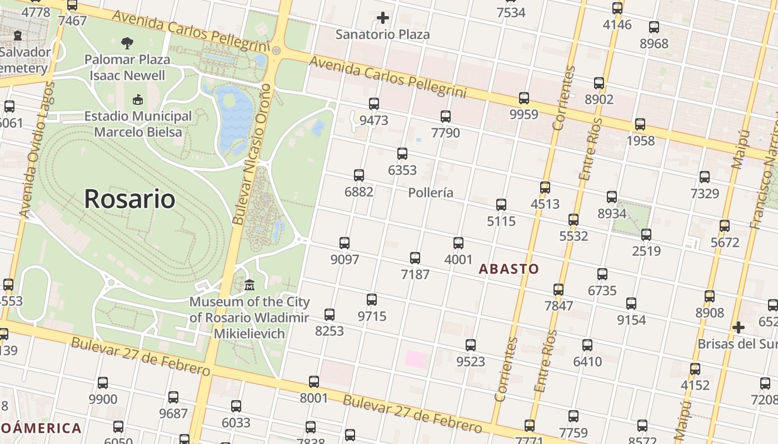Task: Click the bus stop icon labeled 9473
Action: pyautogui.click(x=374, y=104)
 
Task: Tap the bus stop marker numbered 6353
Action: pyautogui.click(x=402, y=154)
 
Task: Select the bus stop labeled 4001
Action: pyautogui.click(x=458, y=243)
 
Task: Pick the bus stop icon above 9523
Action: pyautogui.click(x=471, y=345)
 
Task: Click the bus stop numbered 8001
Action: pyautogui.click(x=314, y=381)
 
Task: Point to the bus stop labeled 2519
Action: pyautogui.click(x=646, y=235)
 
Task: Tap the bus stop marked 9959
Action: pyautogui.click(x=524, y=98)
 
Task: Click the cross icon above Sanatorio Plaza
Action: pyautogui.click(x=383, y=18)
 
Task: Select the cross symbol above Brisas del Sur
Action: pyautogui.click(x=738, y=327)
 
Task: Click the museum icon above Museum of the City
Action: pyautogui.click(x=250, y=285)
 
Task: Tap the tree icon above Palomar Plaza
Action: pyautogui.click(x=127, y=43)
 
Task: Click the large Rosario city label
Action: pyautogui.click(x=129, y=199)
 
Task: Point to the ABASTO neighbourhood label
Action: pyautogui.click(x=509, y=269)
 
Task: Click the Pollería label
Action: pyautogui.click(x=431, y=193)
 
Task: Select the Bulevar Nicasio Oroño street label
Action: pyautogui.click(x=253, y=154)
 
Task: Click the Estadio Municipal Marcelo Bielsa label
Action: pyautogui.click(x=138, y=124)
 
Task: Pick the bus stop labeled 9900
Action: pyautogui.click(x=103, y=382)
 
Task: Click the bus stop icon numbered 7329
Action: pyautogui.click(x=705, y=177)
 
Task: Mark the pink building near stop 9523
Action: pyautogui.click(x=416, y=359)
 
